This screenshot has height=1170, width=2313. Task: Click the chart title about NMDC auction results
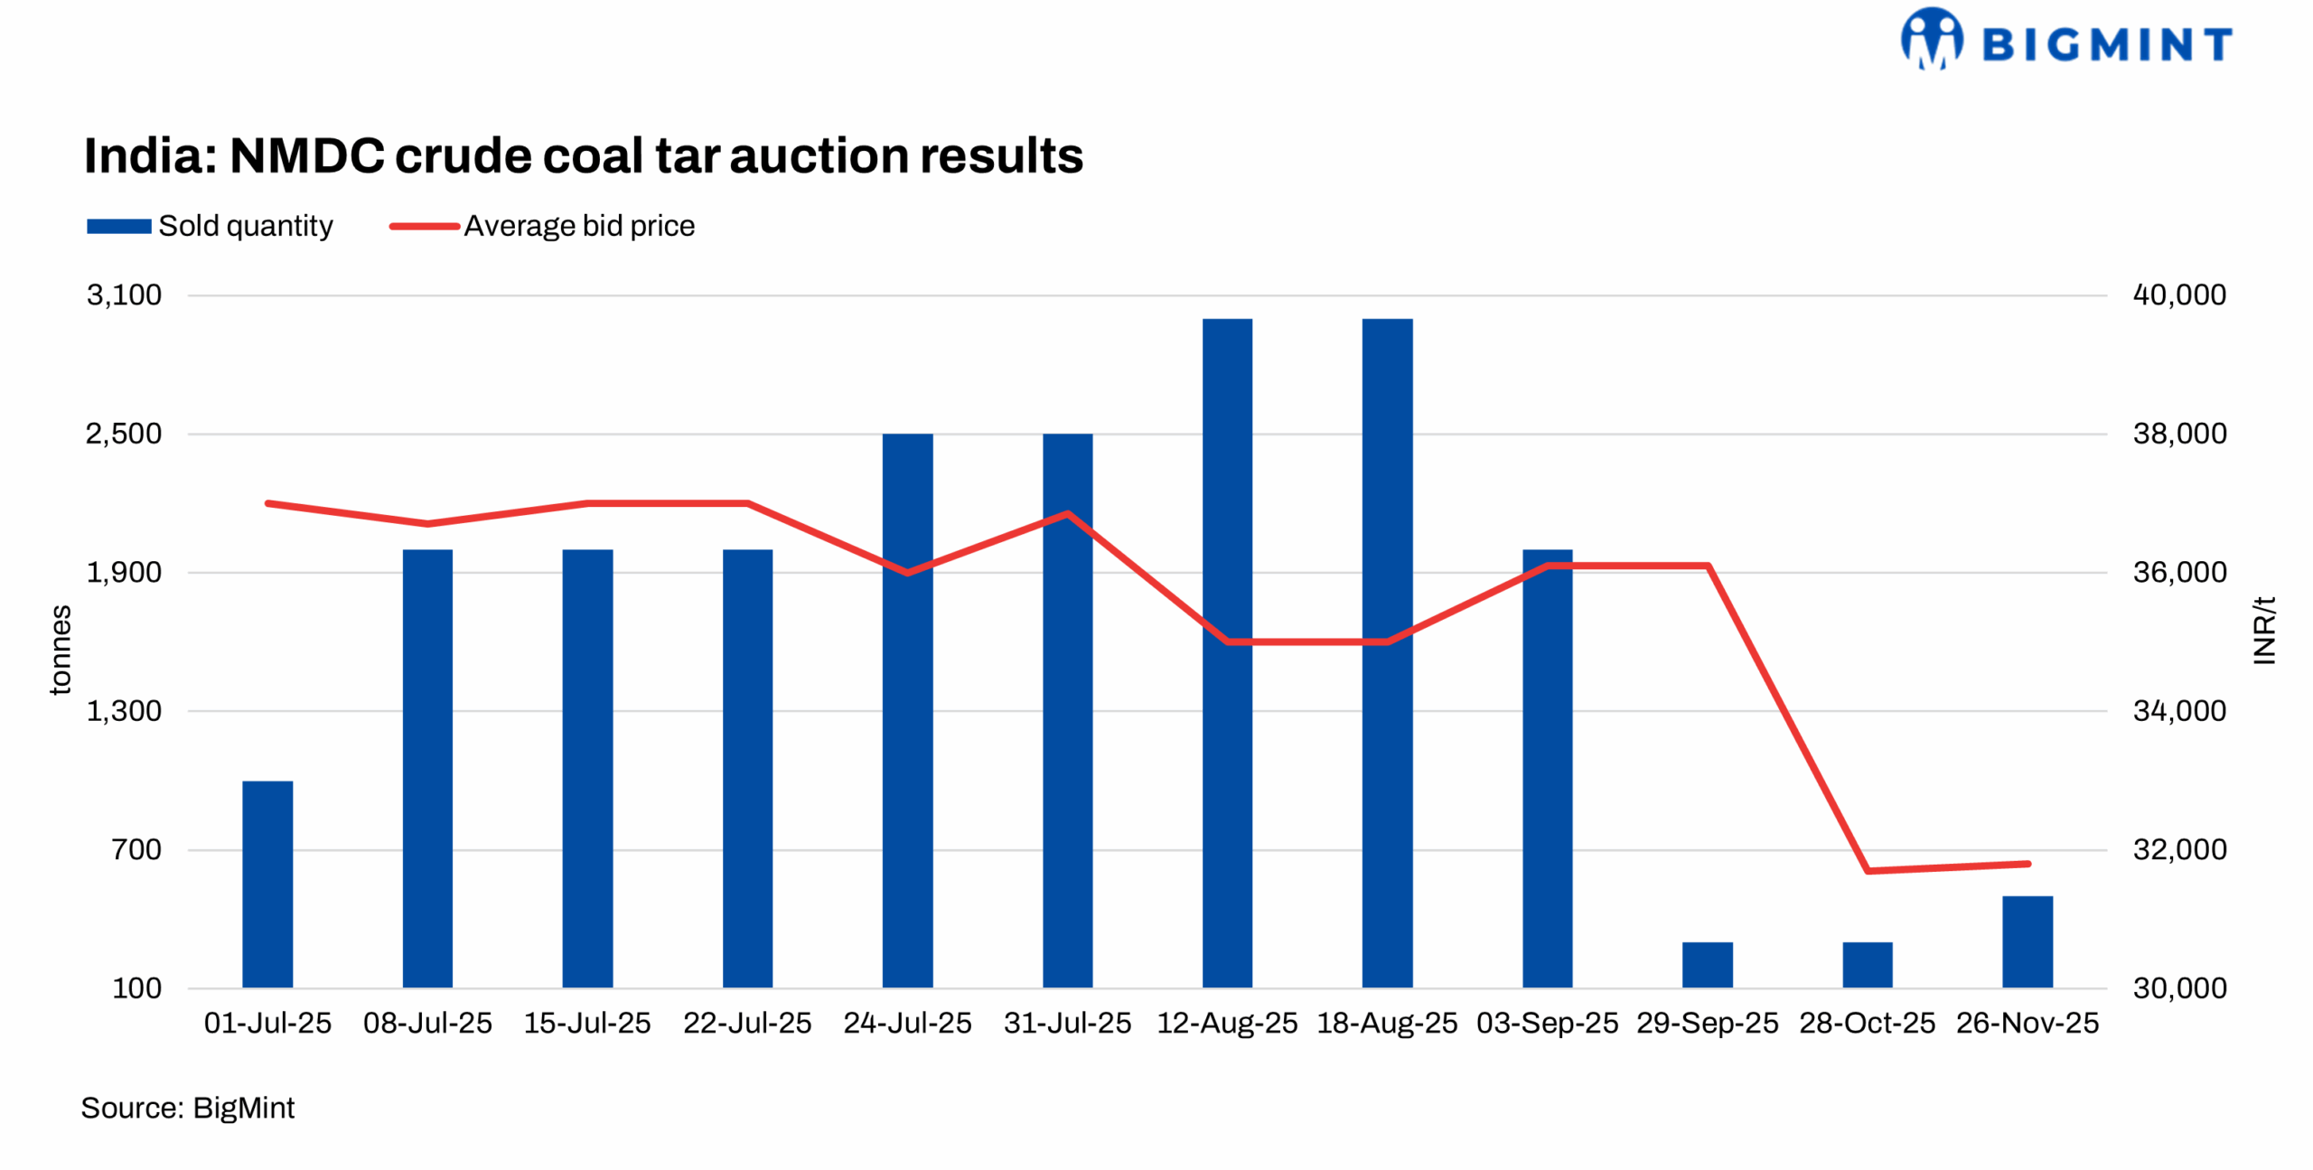coord(583,155)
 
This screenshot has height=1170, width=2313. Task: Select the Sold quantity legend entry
coord(210,226)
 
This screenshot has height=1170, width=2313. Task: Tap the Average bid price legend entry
coord(542,226)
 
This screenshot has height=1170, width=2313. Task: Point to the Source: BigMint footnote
coord(187,1108)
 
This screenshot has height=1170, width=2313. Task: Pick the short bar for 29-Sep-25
coord(1707,964)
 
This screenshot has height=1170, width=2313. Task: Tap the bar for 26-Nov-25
coord(2027,941)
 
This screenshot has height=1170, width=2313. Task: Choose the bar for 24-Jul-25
coord(907,710)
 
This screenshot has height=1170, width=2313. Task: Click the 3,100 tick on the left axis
coord(124,295)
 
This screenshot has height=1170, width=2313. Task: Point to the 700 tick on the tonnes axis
coord(136,849)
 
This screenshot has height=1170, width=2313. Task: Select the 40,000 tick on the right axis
coord(2179,295)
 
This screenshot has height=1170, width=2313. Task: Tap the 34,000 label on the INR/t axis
coord(2179,711)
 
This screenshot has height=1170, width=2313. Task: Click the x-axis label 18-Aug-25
coord(1387,1023)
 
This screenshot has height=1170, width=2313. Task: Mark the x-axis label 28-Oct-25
coord(1867,1023)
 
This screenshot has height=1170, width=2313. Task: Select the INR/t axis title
coord(2263,631)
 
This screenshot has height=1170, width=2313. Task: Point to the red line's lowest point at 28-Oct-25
coord(1868,870)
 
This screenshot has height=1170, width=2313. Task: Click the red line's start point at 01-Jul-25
coord(268,503)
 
